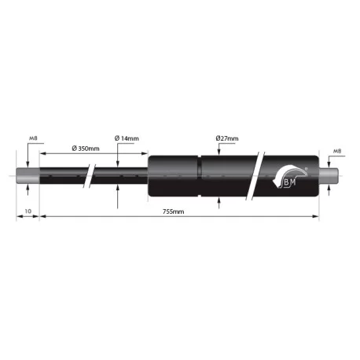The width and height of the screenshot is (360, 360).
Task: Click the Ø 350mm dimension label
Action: pos(86,149)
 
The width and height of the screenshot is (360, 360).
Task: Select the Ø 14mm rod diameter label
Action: pos(127,138)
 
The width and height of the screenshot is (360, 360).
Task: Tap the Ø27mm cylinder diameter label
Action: pos(227,138)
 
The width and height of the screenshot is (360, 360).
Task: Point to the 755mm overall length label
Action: pos(174,211)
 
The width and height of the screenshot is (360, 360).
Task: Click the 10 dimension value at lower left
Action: pos(28,211)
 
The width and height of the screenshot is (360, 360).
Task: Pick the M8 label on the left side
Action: pos(33,138)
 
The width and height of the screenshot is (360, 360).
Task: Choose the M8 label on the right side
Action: pos(337,151)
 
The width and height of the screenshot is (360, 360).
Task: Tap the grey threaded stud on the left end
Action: pos(28,175)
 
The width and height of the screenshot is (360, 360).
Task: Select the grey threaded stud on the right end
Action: pos(329,175)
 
